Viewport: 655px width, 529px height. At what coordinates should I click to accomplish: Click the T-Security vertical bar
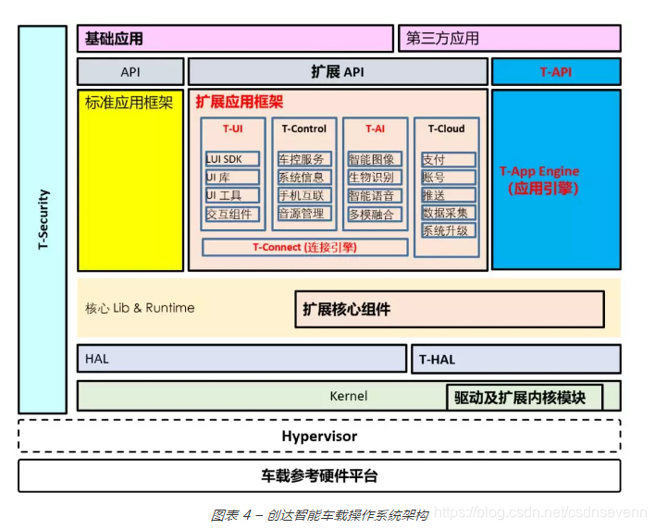pyautogui.click(x=43, y=219)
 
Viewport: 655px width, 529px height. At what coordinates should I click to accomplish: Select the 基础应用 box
pyautogui.click(x=235, y=39)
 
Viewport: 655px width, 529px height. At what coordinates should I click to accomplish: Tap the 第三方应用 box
pyautogui.click(x=510, y=39)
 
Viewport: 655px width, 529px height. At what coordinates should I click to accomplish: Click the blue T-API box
pyautogui.click(x=555, y=71)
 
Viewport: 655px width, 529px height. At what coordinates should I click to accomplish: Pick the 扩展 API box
pyautogui.click(x=338, y=71)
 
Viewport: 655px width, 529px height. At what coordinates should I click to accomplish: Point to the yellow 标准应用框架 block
pyautogui.click(x=130, y=179)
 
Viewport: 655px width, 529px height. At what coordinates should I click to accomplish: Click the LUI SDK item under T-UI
pyautogui.click(x=232, y=159)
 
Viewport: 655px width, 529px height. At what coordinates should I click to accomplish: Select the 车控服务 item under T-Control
pyautogui.click(x=303, y=159)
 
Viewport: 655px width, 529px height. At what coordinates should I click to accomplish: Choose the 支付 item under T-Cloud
pyautogui.click(x=448, y=160)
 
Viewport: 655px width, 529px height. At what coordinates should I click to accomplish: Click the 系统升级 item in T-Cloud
pyautogui.click(x=448, y=231)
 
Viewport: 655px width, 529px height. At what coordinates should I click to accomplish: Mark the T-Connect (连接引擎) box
pyautogui.click(x=304, y=247)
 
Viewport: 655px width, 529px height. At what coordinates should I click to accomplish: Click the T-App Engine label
pyautogui.click(x=539, y=171)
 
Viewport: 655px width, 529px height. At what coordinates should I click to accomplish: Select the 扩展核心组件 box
pyautogui.click(x=450, y=310)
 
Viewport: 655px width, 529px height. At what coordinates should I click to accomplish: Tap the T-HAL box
pyautogui.click(x=515, y=359)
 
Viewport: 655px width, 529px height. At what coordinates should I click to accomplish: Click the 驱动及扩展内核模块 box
pyautogui.click(x=524, y=397)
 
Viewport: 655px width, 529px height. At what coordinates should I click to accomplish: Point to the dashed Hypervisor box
pyautogui.click(x=319, y=436)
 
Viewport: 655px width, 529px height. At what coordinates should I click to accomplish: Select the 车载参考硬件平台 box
pyautogui.click(x=319, y=476)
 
